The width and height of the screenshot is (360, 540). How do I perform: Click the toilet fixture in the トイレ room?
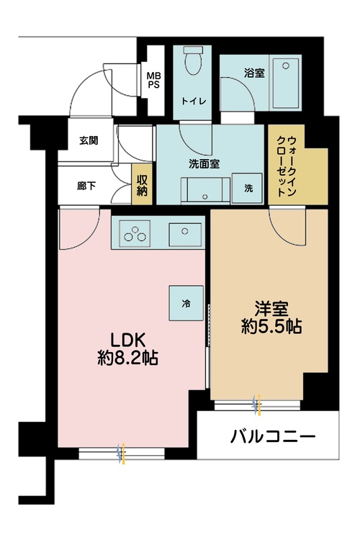[192, 63]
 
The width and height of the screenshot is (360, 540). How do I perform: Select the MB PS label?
[154, 78]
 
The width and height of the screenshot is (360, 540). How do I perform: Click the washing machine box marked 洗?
[248, 189]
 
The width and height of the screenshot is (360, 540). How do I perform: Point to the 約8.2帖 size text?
[128, 357]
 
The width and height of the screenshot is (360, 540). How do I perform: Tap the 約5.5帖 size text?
[270, 327]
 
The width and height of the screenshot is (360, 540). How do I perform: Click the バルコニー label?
[274, 436]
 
